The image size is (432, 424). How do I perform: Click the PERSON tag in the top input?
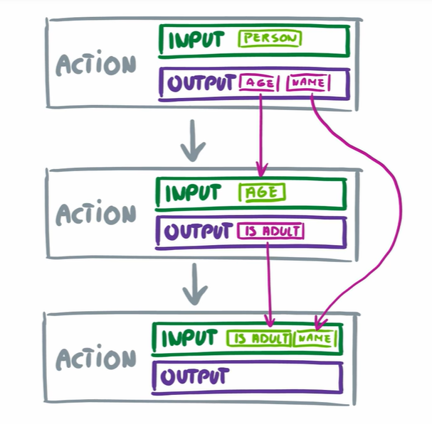[270, 39]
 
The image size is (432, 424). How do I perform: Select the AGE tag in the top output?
[261, 83]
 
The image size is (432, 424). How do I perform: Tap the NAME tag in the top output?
[308, 83]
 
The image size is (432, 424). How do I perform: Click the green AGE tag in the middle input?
[263, 192]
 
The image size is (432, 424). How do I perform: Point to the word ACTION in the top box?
[95, 65]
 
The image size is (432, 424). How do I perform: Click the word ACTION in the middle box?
[95, 213]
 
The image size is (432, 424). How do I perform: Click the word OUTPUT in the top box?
[203, 84]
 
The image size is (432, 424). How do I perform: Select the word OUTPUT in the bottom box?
[195, 376]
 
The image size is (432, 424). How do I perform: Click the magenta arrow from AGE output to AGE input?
[261, 135]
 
